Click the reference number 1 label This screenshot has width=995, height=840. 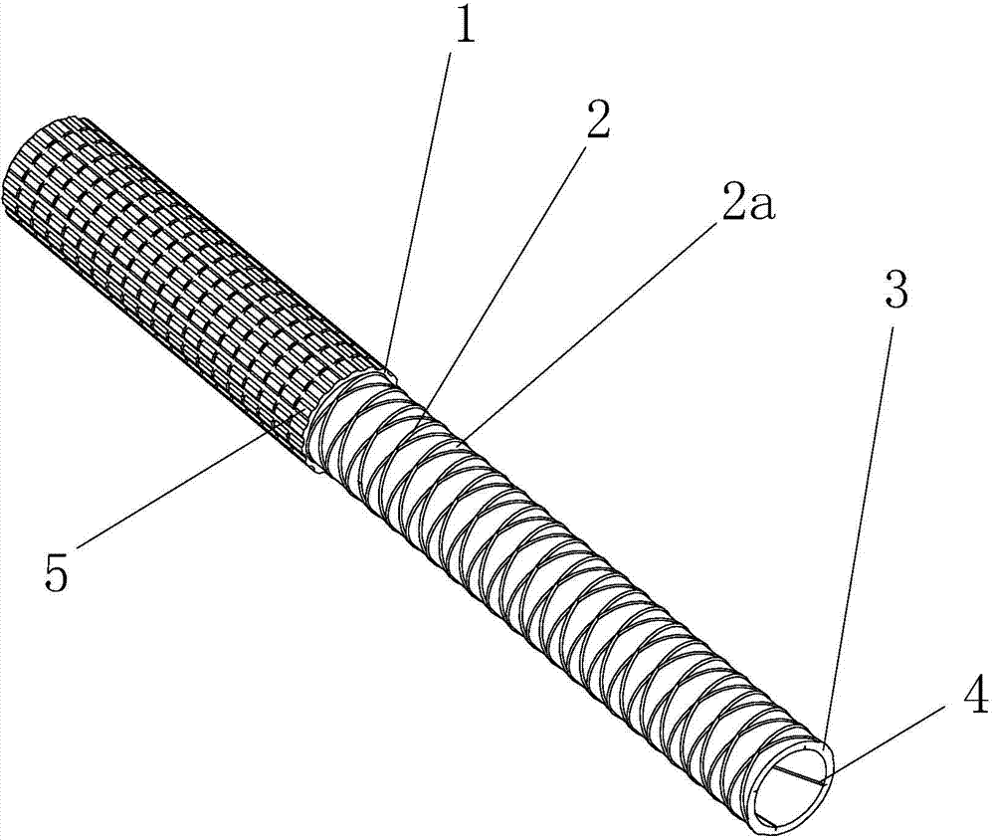tap(465, 23)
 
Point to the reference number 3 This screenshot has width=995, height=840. tap(896, 289)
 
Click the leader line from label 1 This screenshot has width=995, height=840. tap(419, 211)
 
